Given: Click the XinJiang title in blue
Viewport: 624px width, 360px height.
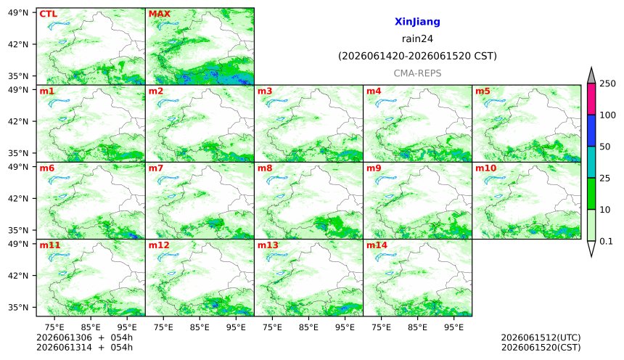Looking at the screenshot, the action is pos(417,22).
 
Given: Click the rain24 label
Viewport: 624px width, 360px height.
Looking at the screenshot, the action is pos(417,39).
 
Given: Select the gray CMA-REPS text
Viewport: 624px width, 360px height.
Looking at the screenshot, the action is pos(417,73).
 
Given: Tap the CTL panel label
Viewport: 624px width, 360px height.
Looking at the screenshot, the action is pos(48,14).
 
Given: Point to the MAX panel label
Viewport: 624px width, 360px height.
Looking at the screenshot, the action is pos(159,14).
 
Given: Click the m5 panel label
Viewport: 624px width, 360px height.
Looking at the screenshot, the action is pos(483,91).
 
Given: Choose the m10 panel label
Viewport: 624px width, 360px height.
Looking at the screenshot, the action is pos(486,168).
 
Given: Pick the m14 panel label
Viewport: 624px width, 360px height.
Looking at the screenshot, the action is pos(377,245).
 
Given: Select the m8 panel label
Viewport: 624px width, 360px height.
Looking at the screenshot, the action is pos(265,168).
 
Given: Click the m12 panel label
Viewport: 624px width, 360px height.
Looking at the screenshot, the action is pos(159,245).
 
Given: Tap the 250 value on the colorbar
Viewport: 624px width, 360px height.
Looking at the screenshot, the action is pos(608,83).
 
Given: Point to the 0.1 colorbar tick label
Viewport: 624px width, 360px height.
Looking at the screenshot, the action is pos(606,241).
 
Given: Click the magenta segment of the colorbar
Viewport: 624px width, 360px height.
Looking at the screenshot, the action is pos(591,99).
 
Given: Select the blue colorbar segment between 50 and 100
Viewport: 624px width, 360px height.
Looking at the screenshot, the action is pos(591,131).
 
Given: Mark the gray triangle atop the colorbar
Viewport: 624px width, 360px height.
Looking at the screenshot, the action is pos(591,75).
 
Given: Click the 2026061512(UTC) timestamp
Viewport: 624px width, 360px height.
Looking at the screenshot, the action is pos(541,337).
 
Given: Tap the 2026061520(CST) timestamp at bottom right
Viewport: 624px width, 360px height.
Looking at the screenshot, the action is pos(541,348).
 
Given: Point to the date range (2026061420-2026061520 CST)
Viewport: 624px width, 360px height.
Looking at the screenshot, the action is pos(417,56).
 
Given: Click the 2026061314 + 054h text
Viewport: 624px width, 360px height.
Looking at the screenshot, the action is pos(84,348).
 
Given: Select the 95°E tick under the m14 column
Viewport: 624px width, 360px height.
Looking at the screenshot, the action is pos(453,327).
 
